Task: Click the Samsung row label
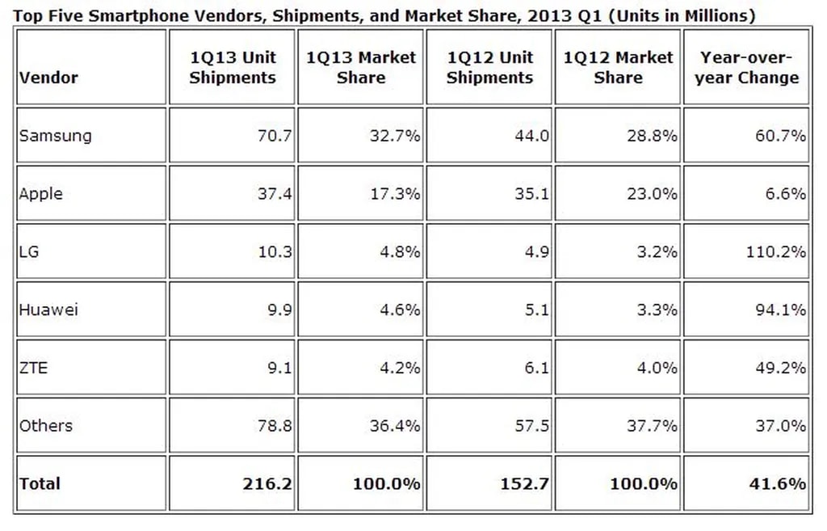pyautogui.click(x=55, y=136)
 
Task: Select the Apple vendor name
pyautogui.click(x=40, y=194)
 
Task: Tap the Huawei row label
pyautogui.click(x=48, y=310)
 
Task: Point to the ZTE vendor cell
pyautogui.click(x=33, y=368)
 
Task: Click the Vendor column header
pyautogui.click(x=48, y=78)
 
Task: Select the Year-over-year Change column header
pyautogui.click(x=746, y=68)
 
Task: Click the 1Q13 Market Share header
pyautogui.click(x=361, y=68)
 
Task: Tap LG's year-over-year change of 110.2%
pyautogui.click(x=776, y=251)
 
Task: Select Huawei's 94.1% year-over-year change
pyautogui.click(x=780, y=310)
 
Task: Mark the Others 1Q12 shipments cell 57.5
pyautogui.click(x=532, y=425)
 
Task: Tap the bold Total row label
pyautogui.click(x=40, y=484)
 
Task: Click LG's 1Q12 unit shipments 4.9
pyautogui.click(x=537, y=251)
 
